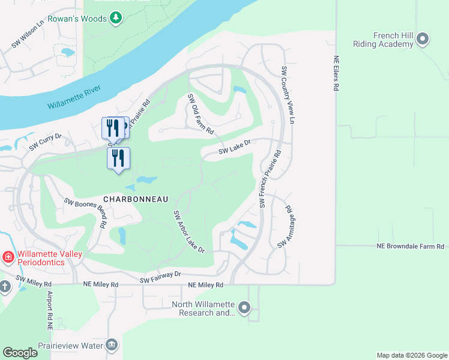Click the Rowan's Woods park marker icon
116,19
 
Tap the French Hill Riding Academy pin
423,40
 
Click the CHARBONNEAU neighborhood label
135,199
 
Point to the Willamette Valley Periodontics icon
8,258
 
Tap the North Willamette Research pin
244,308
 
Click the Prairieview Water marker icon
112,345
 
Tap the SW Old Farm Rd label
200,114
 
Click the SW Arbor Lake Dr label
189,232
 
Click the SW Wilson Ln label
28,35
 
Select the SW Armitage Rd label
285,228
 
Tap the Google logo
20,353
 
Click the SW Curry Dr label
46,142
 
